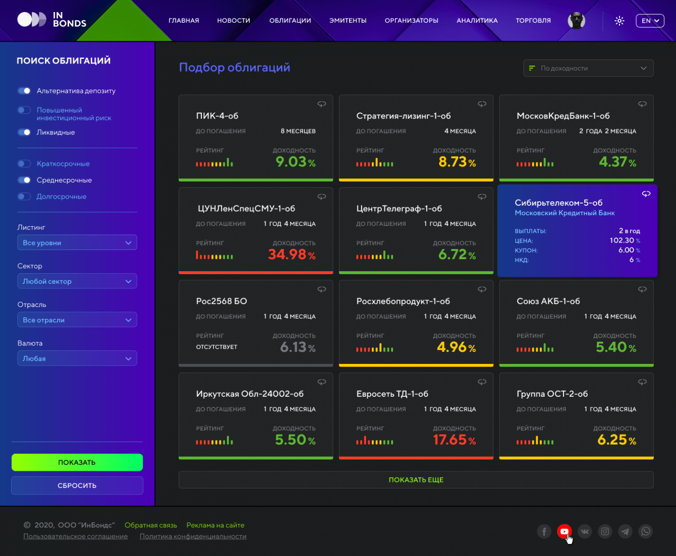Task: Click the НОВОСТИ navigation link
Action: click(234, 21)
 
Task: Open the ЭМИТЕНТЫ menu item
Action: click(348, 21)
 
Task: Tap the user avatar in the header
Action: click(576, 21)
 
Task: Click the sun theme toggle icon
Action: click(619, 21)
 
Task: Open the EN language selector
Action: click(650, 21)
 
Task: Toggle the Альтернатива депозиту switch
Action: click(24, 91)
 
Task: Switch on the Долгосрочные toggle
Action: click(24, 197)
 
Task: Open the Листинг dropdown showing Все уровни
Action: click(77, 242)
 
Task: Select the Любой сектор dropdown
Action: click(77, 281)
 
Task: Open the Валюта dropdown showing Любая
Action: click(77, 358)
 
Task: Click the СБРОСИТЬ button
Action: click(77, 485)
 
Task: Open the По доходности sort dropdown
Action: click(588, 68)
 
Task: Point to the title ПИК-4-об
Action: click(217, 116)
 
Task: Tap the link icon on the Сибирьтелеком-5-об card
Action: click(646, 194)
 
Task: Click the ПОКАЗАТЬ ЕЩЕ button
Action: click(416, 480)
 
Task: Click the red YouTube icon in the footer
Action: click(564, 531)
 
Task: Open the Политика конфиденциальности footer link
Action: click(193, 536)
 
